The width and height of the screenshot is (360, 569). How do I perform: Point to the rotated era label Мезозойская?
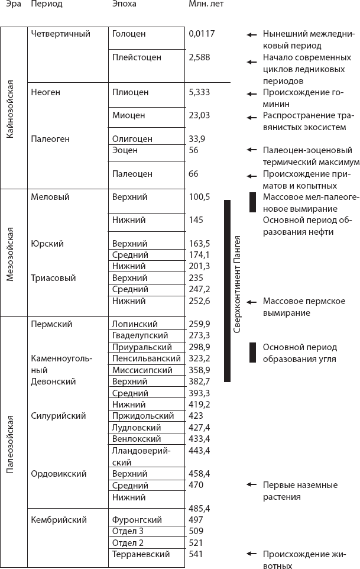tap(9, 253)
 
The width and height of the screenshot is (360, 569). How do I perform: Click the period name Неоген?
tap(46, 92)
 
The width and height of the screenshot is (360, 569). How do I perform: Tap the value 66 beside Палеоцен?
tap(194, 174)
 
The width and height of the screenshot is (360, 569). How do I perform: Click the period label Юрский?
tap(47, 243)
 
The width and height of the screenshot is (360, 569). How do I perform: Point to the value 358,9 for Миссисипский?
tap(199, 370)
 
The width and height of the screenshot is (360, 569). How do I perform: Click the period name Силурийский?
tap(58, 416)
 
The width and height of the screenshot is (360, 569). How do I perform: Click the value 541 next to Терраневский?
tap(196, 554)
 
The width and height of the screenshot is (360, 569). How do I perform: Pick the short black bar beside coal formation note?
tap(252, 353)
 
